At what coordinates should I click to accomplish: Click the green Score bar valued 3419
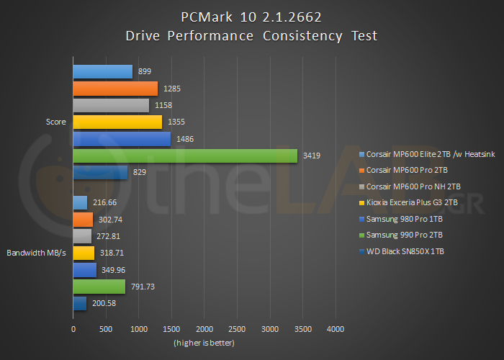click(x=185, y=156)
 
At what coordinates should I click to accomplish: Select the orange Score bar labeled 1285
click(x=115, y=89)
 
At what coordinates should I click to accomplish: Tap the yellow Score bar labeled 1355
click(x=117, y=122)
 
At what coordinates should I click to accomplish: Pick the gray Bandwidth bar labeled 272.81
click(x=82, y=236)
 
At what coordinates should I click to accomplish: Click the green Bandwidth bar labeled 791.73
click(x=99, y=287)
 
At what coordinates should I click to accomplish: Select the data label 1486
click(x=184, y=139)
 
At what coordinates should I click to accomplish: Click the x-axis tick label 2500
click(x=237, y=329)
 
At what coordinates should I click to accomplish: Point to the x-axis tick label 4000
click(x=336, y=329)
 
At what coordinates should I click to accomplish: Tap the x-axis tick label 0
click(x=73, y=329)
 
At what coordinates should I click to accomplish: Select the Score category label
click(x=55, y=122)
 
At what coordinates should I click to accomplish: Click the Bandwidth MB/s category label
click(x=37, y=253)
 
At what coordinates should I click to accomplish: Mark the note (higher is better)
click(x=204, y=342)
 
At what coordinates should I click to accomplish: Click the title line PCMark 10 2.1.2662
click(x=251, y=16)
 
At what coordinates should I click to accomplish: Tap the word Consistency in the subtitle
click(x=290, y=35)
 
